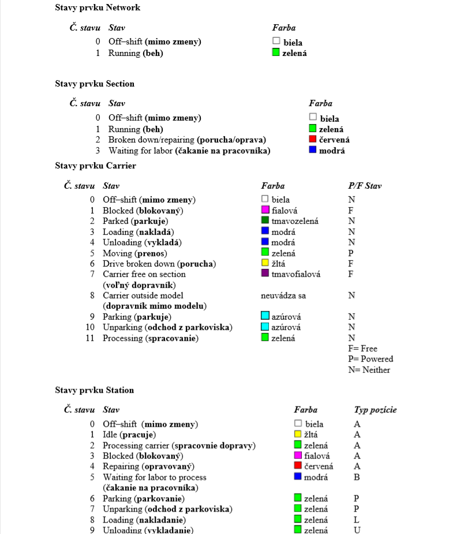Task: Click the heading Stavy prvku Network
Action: (98, 8)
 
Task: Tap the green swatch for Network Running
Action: (276, 53)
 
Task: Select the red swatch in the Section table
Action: (313, 139)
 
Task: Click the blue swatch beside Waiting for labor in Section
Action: (313, 150)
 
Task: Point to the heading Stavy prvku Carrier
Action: (95, 166)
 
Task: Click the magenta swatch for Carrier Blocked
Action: (266, 210)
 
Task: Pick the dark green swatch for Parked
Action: (266, 221)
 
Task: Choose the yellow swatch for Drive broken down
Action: (266, 263)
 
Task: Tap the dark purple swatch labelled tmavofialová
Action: (266, 274)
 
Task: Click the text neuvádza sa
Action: (283, 295)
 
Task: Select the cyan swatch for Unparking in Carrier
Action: (266, 327)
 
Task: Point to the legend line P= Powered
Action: (370, 359)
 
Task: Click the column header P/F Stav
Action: (364, 186)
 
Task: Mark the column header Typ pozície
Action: (375, 410)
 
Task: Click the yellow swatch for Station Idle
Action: (298, 434)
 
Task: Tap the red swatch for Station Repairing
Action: (298, 466)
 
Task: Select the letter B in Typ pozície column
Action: (357, 477)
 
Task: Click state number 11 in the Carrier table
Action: (90, 338)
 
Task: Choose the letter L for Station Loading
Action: (357, 520)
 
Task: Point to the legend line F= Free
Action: (362, 348)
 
